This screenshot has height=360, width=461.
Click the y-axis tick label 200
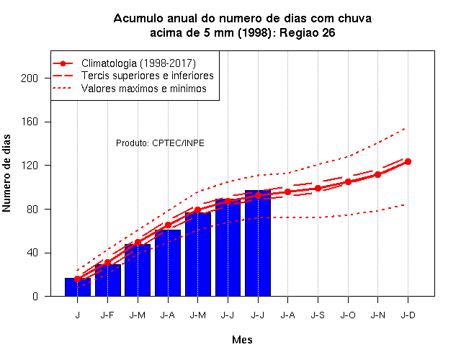(30, 78)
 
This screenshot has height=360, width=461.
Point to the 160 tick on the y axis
(30, 122)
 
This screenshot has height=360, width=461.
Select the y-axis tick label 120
(30, 166)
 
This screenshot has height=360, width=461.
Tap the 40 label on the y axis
(32, 253)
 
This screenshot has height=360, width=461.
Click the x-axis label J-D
(408, 315)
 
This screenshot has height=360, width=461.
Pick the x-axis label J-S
(318, 315)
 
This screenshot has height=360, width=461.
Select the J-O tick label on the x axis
(348, 315)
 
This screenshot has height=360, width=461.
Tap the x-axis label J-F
(107, 315)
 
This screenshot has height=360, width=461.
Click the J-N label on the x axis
(377, 315)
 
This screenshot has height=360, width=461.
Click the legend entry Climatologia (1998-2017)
(138, 63)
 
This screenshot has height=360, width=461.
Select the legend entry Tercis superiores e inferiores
(147, 76)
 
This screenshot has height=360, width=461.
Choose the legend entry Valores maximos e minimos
(144, 89)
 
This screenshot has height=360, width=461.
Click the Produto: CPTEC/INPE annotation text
(160, 143)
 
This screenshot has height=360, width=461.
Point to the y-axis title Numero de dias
(6, 173)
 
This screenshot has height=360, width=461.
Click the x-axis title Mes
(242, 340)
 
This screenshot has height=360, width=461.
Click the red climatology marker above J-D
(408, 161)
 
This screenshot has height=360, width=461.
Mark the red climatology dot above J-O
(348, 182)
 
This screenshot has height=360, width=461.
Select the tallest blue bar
(258, 243)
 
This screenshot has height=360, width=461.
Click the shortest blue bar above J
(78, 287)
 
